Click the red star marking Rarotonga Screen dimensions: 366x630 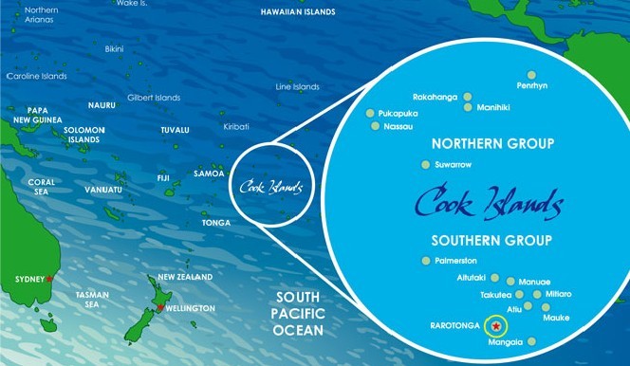[x=495, y=325]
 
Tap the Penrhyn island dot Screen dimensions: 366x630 [x=532, y=74]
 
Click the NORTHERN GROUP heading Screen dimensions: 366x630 [x=491, y=144]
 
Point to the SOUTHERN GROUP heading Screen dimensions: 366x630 [x=491, y=240]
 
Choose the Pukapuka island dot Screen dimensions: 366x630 [x=371, y=112]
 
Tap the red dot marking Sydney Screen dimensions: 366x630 [x=49, y=280]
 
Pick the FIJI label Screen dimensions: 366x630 [x=163, y=177]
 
